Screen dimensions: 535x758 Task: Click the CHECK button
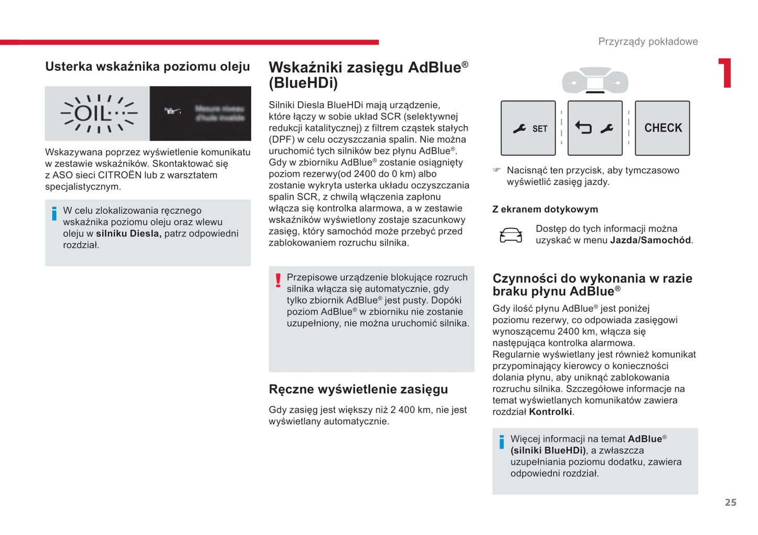point(662,128)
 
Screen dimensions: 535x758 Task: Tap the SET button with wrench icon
point(528,128)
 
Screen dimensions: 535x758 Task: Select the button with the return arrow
point(595,128)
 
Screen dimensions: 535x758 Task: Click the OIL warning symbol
point(98,113)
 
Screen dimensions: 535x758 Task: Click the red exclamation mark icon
point(278,280)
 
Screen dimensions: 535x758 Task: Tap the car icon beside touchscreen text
point(510,235)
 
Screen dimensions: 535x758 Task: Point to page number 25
point(730,502)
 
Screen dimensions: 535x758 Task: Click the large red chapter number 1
point(725,73)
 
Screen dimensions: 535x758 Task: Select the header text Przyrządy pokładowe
point(648,41)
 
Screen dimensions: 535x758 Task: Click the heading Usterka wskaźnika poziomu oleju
point(147,67)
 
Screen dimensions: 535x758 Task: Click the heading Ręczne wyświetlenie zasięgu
point(358,389)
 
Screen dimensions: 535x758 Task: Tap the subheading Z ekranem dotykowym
point(545,209)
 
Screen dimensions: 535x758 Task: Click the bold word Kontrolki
point(550,412)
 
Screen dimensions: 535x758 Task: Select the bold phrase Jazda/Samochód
point(650,240)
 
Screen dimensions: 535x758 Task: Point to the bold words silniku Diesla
point(129,234)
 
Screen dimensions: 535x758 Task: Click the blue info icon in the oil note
point(54,214)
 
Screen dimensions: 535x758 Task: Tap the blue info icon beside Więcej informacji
point(501,442)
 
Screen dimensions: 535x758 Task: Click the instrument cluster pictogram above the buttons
point(595,81)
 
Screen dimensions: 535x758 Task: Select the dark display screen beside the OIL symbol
point(200,113)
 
